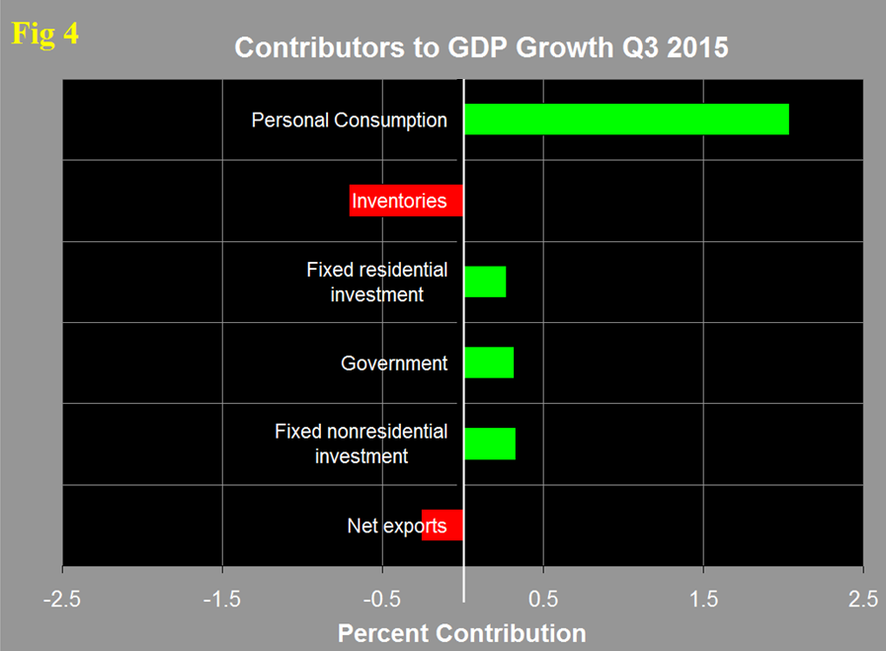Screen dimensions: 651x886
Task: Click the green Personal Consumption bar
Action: pyautogui.click(x=626, y=120)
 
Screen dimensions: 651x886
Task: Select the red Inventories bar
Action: pyautogui.click(x=406, y=201)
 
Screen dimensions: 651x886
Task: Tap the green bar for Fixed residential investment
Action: pyautogui.click(x=485, y=282)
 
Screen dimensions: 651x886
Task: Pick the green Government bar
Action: pyautogui.click(x=489, y=363)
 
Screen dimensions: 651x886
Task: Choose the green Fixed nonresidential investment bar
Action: pyautogui.click(x=490, y=444)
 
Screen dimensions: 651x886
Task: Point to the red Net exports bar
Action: pyautogui.click(x=443, y=526)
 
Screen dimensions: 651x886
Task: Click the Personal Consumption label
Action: pyautogui.click(x=349, y=121)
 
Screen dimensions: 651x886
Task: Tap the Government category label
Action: pyautogui.click(x=393, y=364)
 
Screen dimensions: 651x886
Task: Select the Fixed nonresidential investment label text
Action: pyautogui.click(x=361, y=444)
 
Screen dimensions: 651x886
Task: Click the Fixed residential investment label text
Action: pyautogui.click(x=376, y=282)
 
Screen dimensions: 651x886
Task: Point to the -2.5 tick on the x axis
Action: pyautogui.click(x=62, y=599)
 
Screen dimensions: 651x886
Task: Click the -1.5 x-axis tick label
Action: pyautogui.click(x=222, y=599)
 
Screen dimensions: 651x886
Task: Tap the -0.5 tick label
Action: pyautogui.click(x=382, y=599)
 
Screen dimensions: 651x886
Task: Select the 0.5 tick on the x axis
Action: pyautogui.click(x=543, y=599)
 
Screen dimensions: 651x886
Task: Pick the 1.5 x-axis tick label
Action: pyautogui.click(x=703, y=599)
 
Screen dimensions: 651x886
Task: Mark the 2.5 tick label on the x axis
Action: pyautogui.click(x=863, y=599)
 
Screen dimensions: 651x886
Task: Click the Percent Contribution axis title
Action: pyautogui.click(x=461, y=633)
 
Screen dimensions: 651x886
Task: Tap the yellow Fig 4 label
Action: pyautogui.click(x=44, y=34)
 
